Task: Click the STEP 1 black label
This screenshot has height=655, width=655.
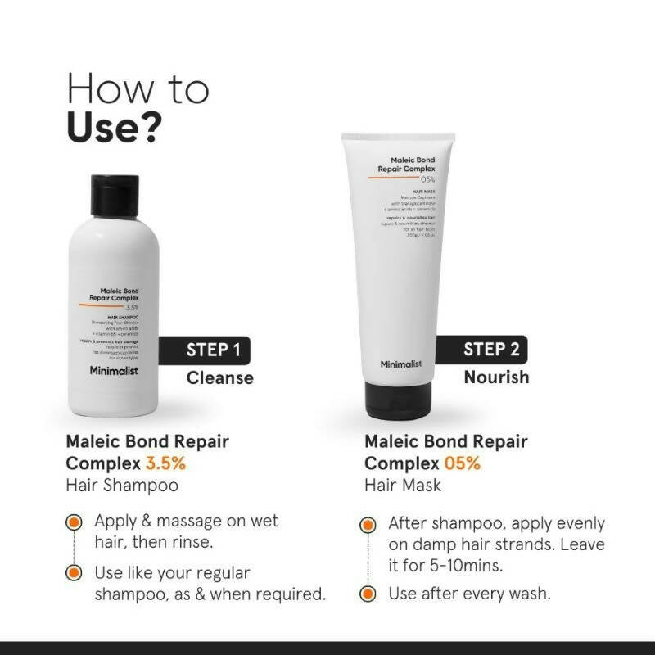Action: (x=210, y=350)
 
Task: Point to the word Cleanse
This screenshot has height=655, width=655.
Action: (x=219, y=377)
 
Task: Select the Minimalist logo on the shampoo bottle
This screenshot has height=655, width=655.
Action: (x=120, y=371)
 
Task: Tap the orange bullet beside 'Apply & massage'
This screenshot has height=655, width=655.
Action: (x=75, y=522)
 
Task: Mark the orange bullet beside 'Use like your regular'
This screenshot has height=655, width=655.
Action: (x=75, y=572)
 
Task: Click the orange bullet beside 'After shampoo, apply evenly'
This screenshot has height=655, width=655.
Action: (x=370, y=524)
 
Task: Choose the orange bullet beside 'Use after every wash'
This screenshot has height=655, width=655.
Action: (x=370, y=594)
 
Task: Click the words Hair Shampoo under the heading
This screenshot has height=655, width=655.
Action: (x=122, y=485)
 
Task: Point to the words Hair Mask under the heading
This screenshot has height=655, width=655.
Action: (x=403, y=485)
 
